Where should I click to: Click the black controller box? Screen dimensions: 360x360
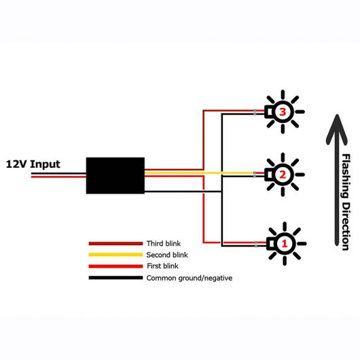click(115, 176)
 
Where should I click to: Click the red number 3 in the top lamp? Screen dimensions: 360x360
click(283, 112)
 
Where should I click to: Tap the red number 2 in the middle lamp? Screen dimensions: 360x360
click(283, 175)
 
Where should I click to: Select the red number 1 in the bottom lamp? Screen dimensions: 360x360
click(285, 244)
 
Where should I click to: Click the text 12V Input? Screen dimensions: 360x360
click(33, 164)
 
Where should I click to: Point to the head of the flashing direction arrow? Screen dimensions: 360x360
click(337, 115)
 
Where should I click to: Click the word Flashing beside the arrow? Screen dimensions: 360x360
click(346, 176)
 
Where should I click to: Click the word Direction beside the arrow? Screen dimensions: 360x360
click(346, 226)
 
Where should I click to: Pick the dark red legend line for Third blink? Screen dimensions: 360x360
click(115, 244)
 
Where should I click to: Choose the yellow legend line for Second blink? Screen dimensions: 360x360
click(115, 255)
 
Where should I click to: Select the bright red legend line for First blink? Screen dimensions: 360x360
click(115, 266)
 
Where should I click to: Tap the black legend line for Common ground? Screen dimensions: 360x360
click(115, 278)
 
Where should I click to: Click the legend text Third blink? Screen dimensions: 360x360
click(164, 244)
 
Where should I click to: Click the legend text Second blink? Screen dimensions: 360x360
click(167, 255)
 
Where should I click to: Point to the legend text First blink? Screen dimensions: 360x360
click(163, 266)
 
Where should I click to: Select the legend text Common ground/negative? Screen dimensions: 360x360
click(190, 278)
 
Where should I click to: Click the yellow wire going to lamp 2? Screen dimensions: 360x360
click(199, 173)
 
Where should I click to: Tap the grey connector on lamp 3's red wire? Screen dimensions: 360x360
click(255, 111)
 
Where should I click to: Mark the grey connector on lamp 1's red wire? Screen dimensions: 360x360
click(256, 242)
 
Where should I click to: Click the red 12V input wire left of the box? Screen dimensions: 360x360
click(58, 177)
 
